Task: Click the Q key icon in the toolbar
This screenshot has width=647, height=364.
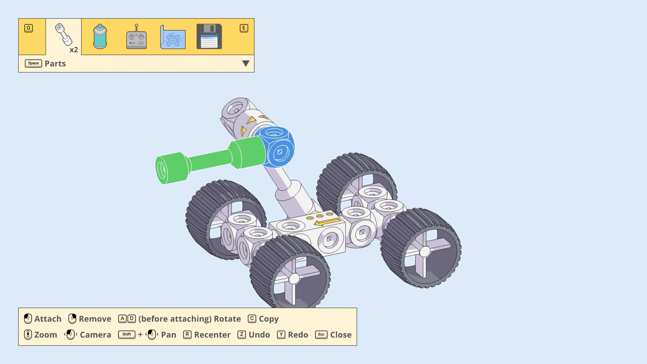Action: click(x=29, y=28)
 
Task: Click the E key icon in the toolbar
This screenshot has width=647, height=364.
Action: click(x=244, y=28)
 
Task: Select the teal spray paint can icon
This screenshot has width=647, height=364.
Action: click(x=100, y=36)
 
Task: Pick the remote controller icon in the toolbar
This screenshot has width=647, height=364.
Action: click(x=136, y=36)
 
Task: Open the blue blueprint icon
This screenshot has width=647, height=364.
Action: click(x=173, y=37)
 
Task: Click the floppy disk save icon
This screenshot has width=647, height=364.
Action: click(x=209, y=36)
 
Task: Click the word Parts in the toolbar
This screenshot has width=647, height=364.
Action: click(x=55, y=64)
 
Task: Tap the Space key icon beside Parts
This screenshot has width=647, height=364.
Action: click(x=33, y=63)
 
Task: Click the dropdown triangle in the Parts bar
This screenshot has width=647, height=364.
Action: click(x=246, y=63)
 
